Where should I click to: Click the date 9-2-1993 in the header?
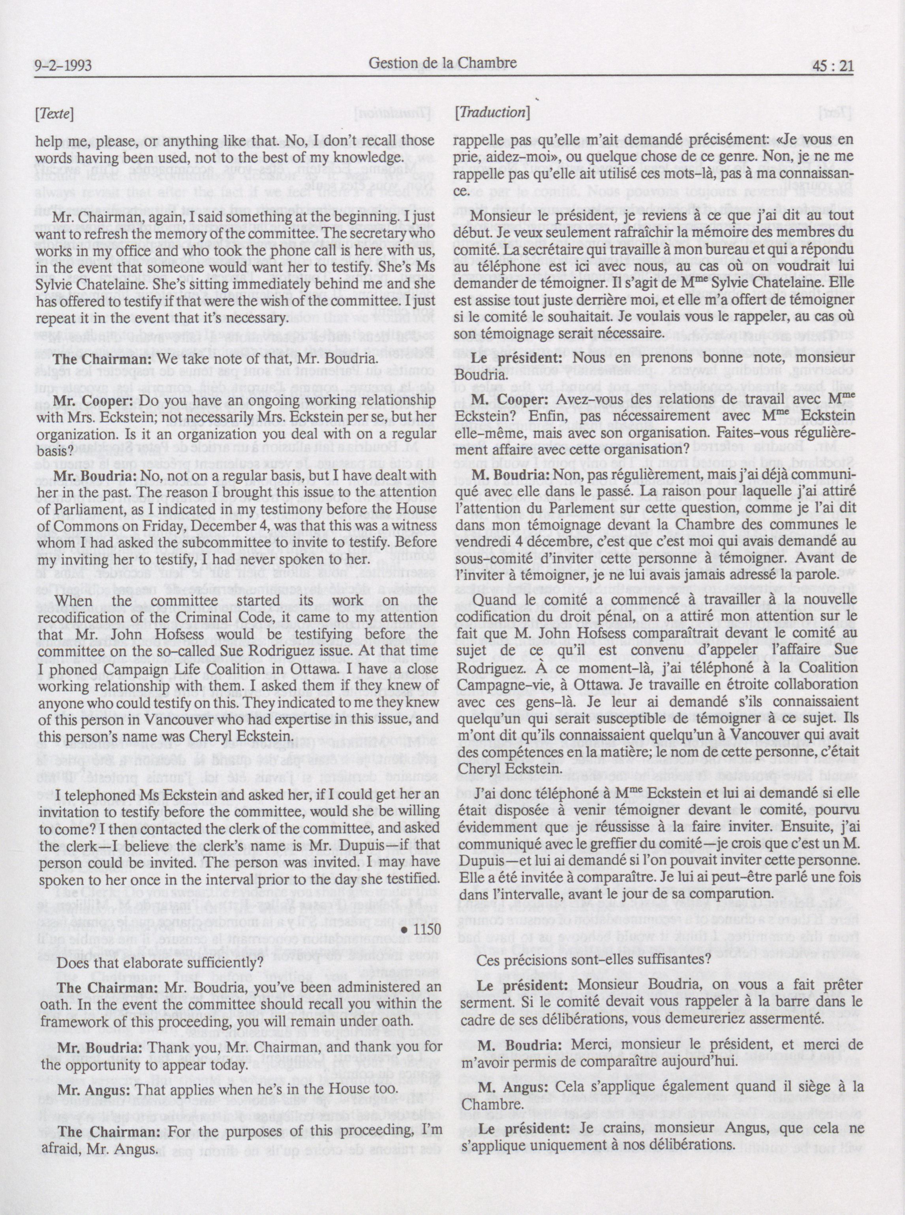[62, 67]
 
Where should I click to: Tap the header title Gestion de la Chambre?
[443, 64]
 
